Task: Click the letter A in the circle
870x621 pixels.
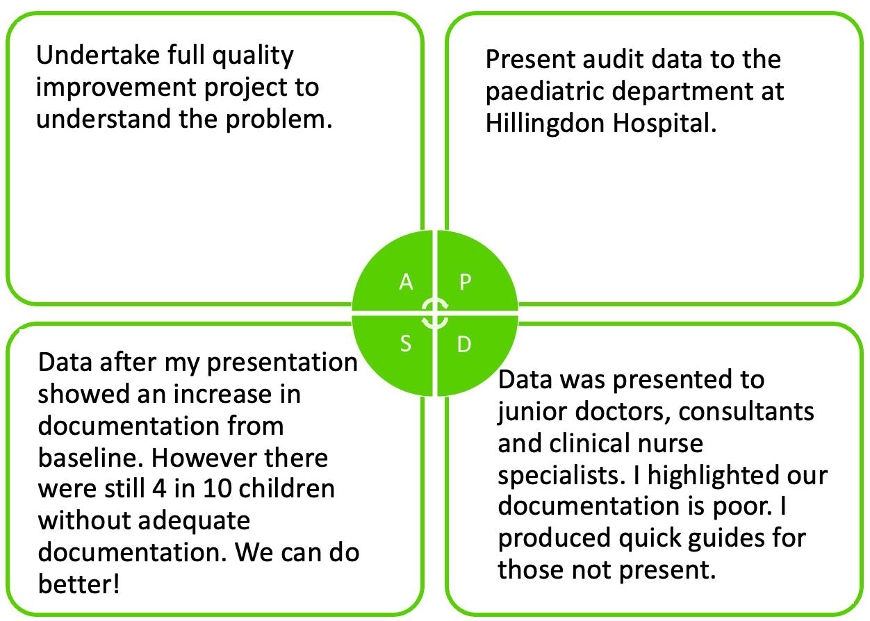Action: pos(407,282)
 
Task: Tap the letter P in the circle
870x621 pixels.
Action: pos(466,282)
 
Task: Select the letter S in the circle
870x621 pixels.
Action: pos(407,343)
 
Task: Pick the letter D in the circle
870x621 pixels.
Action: pos(464,344)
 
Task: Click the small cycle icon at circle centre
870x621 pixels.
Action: pos(435,313)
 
